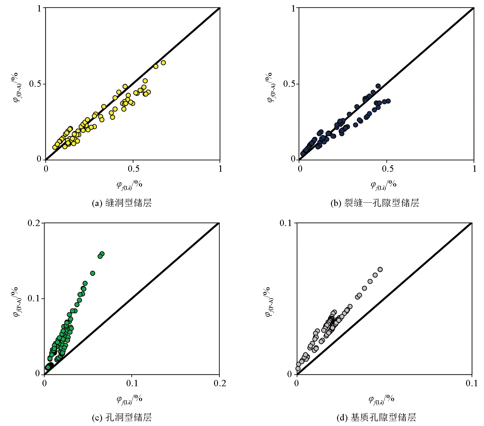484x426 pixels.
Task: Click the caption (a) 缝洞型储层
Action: click(x=122, y=203)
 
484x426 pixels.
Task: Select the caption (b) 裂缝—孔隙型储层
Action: click(x=375, y=203)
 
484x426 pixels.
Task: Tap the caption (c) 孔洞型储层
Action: click(x=122, y=418)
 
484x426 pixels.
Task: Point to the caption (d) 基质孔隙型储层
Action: click(x=376, y=418)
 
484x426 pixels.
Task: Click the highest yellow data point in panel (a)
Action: click(x=163, y=63)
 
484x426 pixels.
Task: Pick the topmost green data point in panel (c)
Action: click(x=102, y=254)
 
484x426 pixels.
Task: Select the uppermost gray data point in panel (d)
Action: click(x=380, y=269)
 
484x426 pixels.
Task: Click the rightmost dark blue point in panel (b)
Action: click(x=388, y=101)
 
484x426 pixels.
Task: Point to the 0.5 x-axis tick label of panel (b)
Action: click(x=387, y=169)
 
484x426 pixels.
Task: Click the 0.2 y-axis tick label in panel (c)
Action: click(x=34, y=223)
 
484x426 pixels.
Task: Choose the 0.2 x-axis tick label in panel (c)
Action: click(x=220, y=384)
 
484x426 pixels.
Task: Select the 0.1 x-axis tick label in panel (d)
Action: click(x=472, y=384)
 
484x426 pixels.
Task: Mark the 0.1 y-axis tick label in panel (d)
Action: click(x=285, y=223)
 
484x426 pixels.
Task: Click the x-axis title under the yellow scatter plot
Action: click(x=129, y=184)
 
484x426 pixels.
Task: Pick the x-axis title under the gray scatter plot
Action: click(x=381, y=399)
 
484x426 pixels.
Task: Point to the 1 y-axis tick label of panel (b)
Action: click(x=293, y=8)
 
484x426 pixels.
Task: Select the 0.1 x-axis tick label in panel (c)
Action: click(x=132, y=384)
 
